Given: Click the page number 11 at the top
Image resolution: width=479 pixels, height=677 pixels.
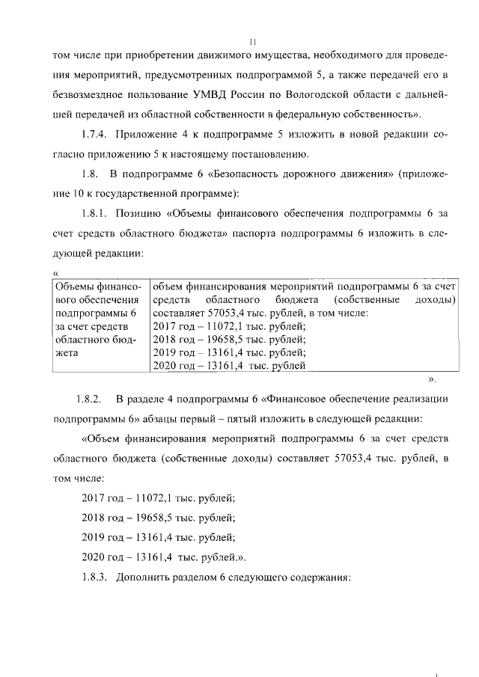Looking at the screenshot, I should [x=254, y=43].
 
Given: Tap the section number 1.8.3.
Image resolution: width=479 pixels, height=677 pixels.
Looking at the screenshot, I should [x=95, y=577].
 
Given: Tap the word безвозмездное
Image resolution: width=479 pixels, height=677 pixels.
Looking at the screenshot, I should [x=94, y=95].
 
